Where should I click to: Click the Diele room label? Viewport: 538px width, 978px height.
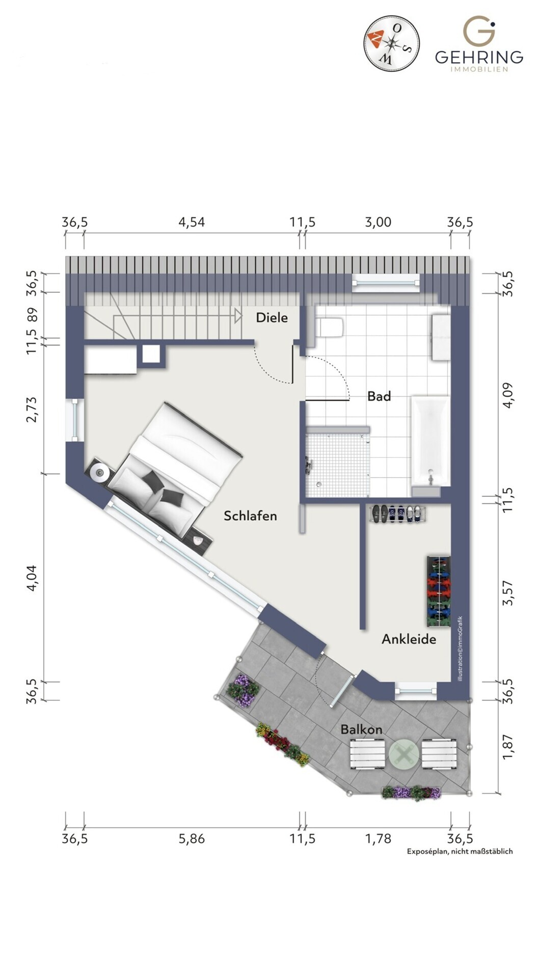272,318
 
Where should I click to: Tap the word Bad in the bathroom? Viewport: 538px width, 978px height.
379,396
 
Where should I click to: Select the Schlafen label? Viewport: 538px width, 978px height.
250,516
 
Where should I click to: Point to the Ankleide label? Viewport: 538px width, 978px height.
409,639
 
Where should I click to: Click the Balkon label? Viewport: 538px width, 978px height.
361,729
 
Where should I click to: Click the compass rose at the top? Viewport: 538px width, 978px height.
391,42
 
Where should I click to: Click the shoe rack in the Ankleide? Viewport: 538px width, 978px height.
397,513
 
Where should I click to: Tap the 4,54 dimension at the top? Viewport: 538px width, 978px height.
191,222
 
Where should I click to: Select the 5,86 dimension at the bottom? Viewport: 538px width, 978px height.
191,839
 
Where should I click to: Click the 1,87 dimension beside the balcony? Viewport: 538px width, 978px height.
508,747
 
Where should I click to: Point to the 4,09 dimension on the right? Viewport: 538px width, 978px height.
508,395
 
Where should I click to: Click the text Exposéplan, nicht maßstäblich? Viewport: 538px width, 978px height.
460,851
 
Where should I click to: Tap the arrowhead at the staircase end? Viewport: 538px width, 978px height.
238,317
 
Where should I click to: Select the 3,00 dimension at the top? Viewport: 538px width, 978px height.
378,222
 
